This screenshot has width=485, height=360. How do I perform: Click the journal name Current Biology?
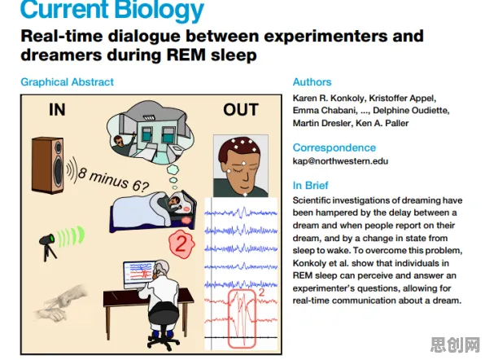click(x=112, y=9)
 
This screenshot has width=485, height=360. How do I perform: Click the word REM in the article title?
click(x=186, y=55)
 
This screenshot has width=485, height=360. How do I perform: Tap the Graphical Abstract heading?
click(x=67, y=82)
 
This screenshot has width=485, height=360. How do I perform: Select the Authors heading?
click(x=312, y=82)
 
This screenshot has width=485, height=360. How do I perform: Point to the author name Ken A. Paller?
click(x=382, y=123)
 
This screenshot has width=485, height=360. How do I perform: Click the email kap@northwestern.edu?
click(x=340, y=161)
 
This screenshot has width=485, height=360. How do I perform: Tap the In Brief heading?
click(x=310, y=186)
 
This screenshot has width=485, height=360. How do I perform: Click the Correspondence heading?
click(x=334, y=147)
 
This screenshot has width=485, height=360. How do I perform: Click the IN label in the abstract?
click(x=57, y=110)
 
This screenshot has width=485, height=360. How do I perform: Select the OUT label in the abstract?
click(x=241, y=110)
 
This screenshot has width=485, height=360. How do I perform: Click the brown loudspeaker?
click(x=48, y=165)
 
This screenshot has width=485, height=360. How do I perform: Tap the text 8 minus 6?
click(x=113, y=179)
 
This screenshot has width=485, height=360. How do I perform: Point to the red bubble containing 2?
click(x=181, y=244)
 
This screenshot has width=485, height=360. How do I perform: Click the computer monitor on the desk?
click(x=138, y=274)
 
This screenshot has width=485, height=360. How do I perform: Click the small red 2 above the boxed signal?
click(x=261, y=292)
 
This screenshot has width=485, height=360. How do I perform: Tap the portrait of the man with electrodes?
click(x=241, y=165)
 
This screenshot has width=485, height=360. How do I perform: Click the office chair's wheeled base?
click(x=164, y=340)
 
